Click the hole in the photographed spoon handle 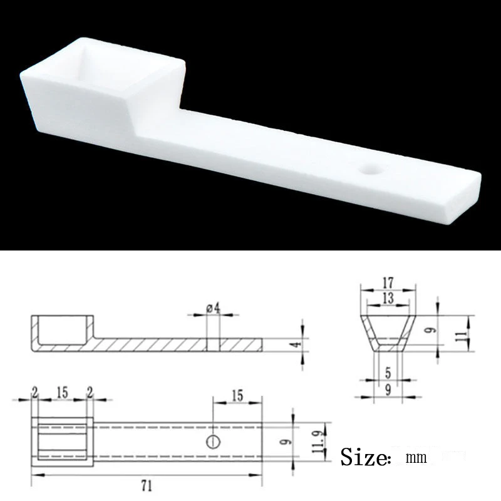pos(371,169)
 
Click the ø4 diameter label pos(214,309)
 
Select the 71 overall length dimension pos(147,487)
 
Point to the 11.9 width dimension pos(318,442)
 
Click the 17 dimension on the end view pos(388,283)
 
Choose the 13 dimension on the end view pos(388,298)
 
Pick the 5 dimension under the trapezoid pos(388,373)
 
